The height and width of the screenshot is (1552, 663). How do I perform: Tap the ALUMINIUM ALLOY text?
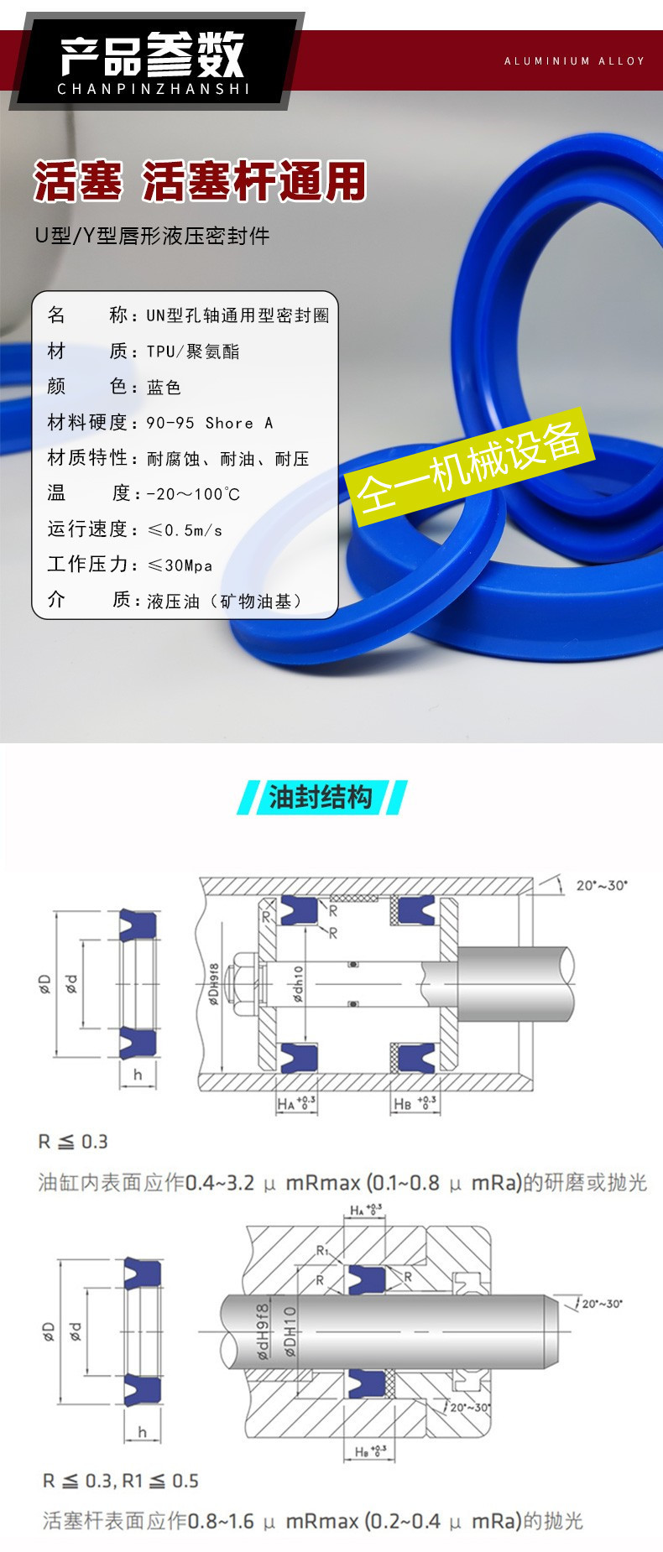click(574, 61)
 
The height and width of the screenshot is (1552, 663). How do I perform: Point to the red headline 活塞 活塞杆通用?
click(200, 181)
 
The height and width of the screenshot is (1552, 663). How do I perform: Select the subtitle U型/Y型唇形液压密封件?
click(152, 236)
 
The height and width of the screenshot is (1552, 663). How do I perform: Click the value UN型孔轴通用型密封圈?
click(238, 315)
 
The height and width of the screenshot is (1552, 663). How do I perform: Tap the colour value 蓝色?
click(164, 387)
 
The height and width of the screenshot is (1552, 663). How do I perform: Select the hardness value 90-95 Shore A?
click(210, 423)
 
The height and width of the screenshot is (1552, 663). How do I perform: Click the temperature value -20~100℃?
click(193, 494)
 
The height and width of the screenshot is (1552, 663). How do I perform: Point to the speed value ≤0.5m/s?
click(185, 530)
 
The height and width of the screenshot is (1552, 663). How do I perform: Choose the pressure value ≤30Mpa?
click(180, 565)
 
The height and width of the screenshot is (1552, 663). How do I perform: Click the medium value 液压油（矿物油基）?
click(223, 601)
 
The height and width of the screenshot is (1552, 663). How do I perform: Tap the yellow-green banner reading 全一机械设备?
click(470, 466)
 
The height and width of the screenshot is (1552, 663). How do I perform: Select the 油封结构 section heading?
click(321, 796)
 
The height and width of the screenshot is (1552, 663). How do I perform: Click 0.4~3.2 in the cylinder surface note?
click(219, 1183)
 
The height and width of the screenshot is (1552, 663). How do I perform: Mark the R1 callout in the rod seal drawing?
click(323, 1250)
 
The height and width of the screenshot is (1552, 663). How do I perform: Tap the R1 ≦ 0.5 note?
click(160, 1481)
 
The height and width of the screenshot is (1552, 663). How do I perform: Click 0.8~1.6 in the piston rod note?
click(220, 1521)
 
